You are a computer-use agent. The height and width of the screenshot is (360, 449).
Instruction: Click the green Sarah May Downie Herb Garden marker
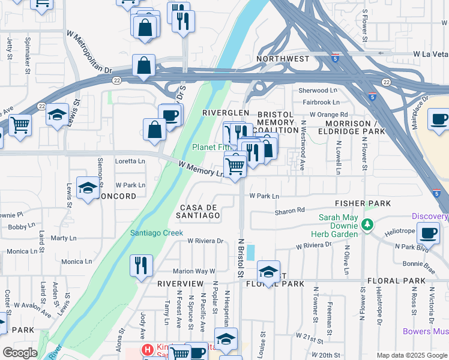pos(369,226)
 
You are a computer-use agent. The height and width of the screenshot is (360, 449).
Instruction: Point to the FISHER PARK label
pos(359,203)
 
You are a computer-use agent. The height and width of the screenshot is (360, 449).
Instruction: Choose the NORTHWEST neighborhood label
pos(283,59)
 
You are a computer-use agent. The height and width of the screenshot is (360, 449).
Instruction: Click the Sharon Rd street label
pos(290,211)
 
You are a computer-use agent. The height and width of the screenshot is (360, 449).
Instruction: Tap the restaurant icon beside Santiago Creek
pos(141,265)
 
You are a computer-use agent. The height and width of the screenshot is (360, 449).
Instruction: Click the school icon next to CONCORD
pos(88,190)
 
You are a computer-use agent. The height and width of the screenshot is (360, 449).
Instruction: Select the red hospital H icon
pos(146,349)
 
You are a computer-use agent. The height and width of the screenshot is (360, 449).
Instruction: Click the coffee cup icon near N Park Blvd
pos(428,232)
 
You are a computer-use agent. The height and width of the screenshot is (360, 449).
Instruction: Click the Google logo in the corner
pos(20,353)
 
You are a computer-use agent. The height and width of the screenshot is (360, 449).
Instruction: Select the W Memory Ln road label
pos(202,168)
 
